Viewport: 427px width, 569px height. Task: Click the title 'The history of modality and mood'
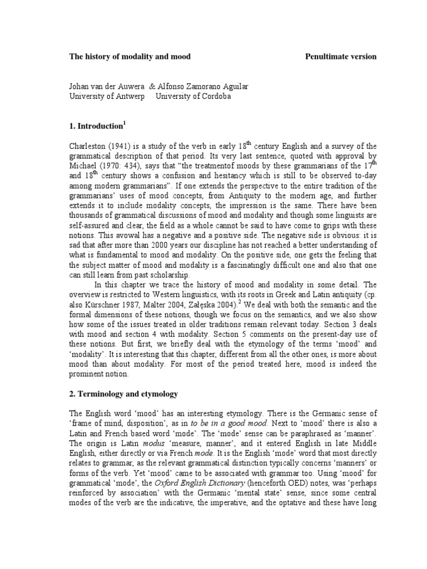coord(130,57)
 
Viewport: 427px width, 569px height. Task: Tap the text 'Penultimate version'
coord(341,57)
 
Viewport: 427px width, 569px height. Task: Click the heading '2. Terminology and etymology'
coord(123,394)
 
